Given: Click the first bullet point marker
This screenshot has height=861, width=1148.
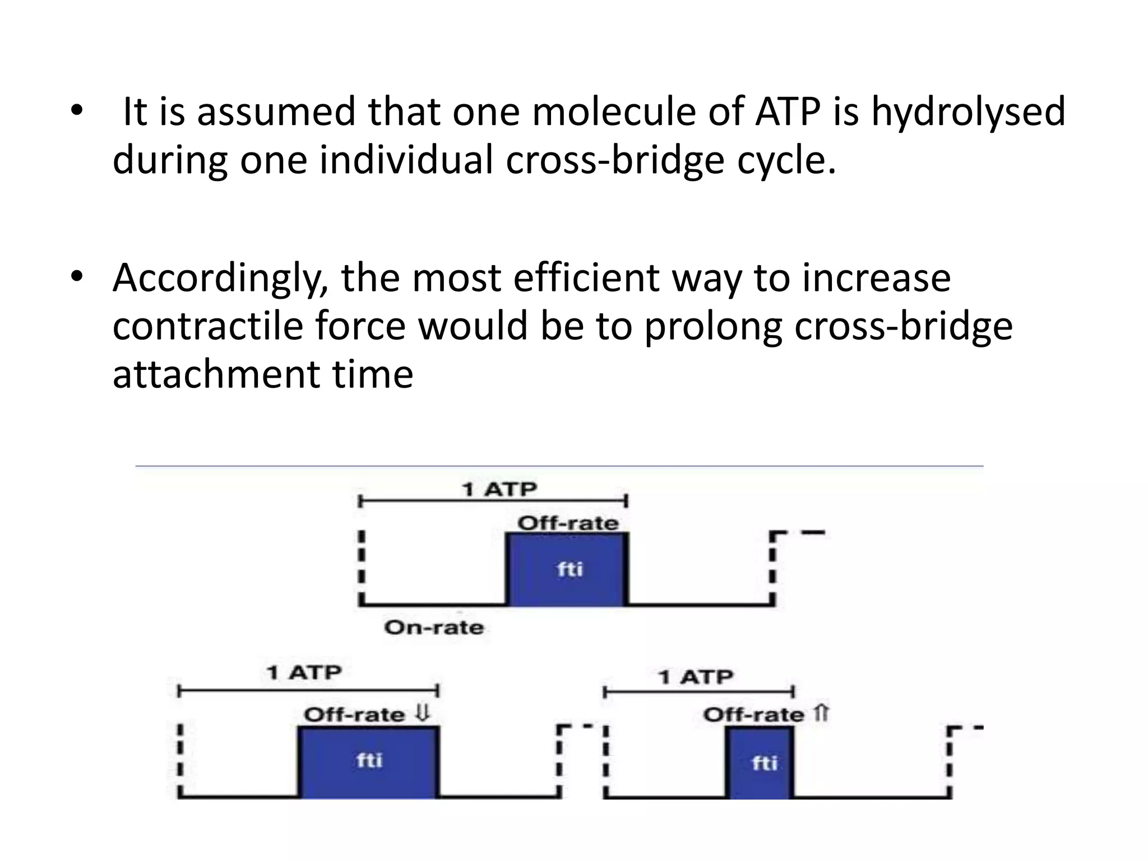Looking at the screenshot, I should (77, 110).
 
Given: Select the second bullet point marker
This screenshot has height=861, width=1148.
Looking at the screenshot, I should (77, 276).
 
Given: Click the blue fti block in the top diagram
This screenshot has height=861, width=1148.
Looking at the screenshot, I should (567, 570).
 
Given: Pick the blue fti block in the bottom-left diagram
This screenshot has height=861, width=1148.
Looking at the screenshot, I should (368, 762).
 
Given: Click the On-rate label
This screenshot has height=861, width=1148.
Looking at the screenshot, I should (434, 627).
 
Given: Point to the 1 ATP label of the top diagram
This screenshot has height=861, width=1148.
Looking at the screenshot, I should (499, 489).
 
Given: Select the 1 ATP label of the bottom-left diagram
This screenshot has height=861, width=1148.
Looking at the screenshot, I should (304, 672).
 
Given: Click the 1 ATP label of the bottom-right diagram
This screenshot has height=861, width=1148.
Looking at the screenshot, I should (696, 677).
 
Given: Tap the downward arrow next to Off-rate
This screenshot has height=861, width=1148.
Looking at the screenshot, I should (423, 714).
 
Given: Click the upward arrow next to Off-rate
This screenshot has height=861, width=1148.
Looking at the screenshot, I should (821, 714).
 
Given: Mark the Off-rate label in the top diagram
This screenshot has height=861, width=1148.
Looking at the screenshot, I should (568, 524).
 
